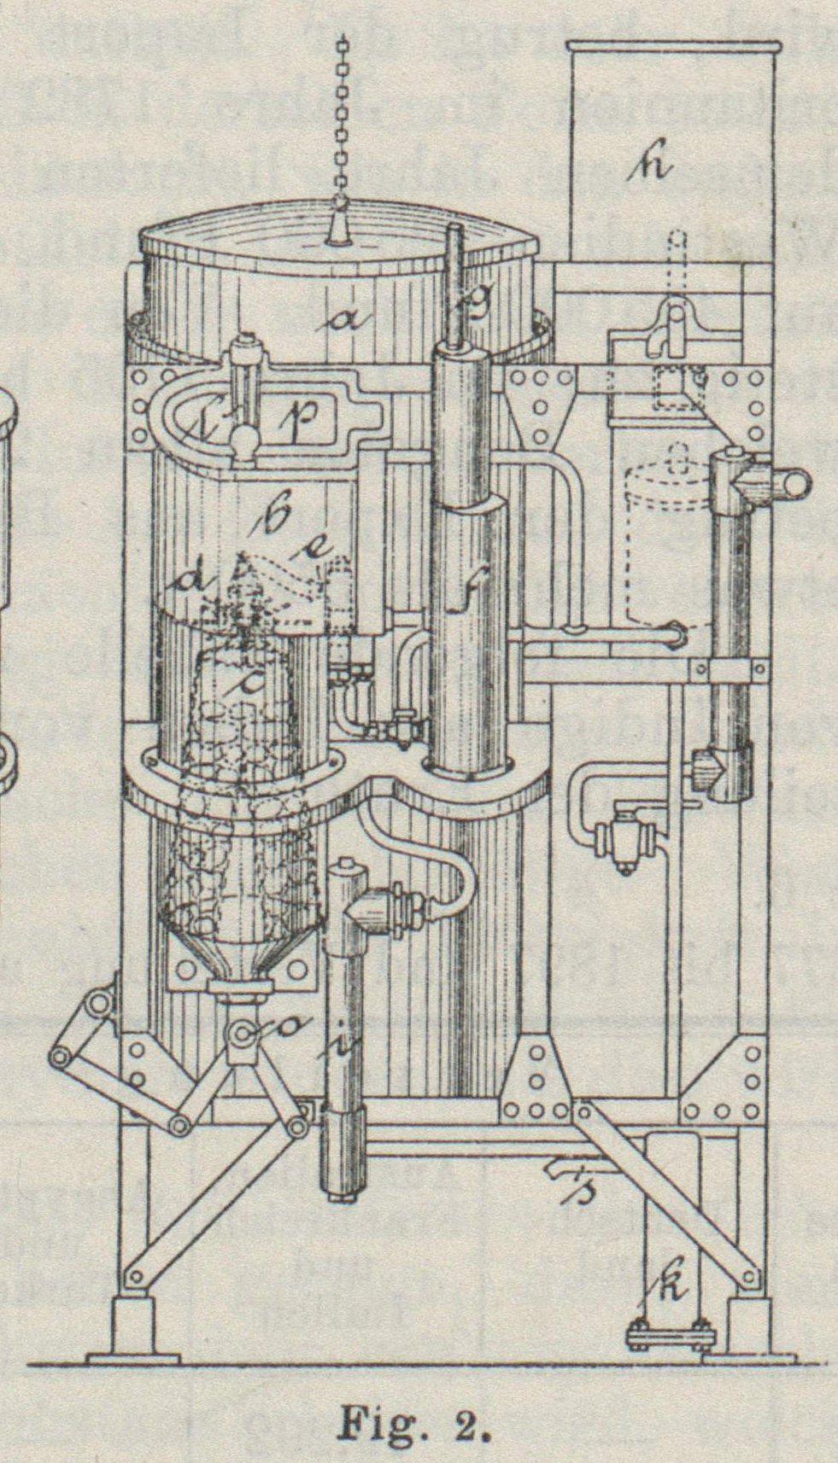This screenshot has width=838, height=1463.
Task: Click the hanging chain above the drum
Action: point(343,119)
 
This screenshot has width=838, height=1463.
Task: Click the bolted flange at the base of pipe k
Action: point(670,1332)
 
